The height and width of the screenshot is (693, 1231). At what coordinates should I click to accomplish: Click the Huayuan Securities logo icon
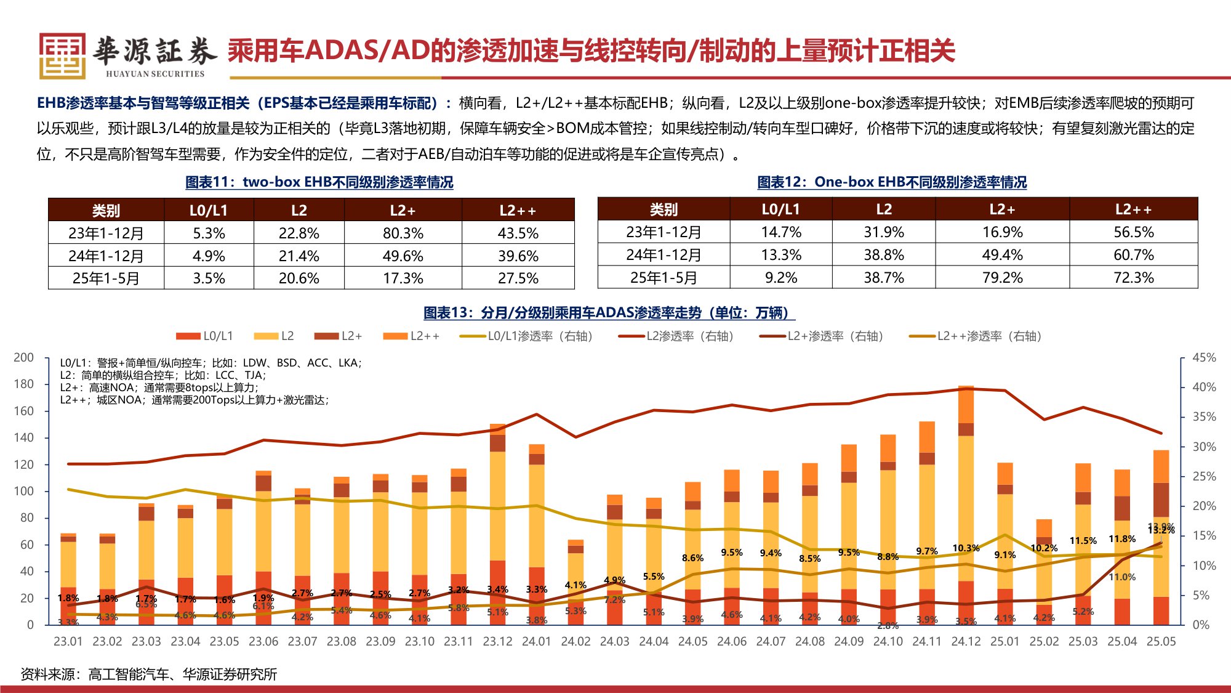(62, 55)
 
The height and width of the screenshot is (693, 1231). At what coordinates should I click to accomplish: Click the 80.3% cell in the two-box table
(403, 233)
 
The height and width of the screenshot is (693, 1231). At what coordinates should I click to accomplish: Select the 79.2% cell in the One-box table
(1002, 278)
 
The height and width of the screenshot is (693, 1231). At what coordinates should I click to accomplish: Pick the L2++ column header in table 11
(518, 211)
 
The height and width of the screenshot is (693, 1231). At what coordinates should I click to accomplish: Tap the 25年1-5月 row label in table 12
(663, 278)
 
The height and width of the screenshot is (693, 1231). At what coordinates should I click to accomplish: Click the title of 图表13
(609, 313)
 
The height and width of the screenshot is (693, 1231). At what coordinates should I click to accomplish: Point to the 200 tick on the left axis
(23, 357)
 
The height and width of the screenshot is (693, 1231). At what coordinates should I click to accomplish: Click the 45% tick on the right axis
(1204, 357)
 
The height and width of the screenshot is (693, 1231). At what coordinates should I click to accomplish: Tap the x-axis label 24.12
(966, 641)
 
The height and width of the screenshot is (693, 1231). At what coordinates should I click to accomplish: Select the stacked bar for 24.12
(966, 505)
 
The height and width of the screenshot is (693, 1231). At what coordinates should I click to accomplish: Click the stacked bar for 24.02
(575, 582)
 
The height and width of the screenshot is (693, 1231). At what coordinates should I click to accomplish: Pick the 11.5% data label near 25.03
(1083, 541)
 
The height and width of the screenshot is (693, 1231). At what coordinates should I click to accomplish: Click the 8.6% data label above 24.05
(692, 558)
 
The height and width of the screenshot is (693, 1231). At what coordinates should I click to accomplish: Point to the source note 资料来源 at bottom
(148, 674)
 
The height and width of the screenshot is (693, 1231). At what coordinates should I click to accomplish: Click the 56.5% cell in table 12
(1133, 232)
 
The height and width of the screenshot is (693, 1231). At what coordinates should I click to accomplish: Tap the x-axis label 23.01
(68, 641)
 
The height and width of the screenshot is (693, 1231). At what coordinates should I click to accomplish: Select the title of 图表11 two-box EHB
(319, 182)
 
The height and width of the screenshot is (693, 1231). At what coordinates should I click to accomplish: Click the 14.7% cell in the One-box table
(780, 232)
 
